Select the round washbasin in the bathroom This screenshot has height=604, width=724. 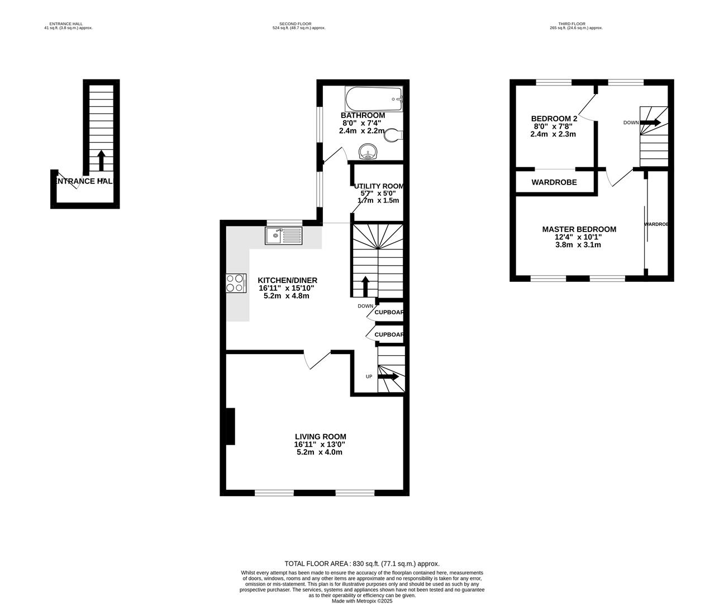(x=368, y=151)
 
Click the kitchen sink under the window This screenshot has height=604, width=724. (x=283, y=236)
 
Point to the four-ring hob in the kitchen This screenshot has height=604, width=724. (x=236, y=283)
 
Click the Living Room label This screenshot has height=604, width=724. (x=320, y=437)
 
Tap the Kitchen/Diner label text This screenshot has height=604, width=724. (x=287, y=280)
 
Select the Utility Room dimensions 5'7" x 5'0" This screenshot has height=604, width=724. (x=378, y=194)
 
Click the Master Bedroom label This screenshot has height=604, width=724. (x=579, y=229)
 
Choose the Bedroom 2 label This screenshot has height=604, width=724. (x=554, y=119)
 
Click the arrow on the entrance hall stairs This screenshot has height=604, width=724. (x=101, y=160)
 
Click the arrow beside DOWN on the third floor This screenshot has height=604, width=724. (x=653, y=122)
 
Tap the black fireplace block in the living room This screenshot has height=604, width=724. (x=230, y=427)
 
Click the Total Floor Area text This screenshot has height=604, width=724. (x=361, y=564)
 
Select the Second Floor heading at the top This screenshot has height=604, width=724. (x=299, y=24)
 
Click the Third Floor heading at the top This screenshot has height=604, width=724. (x=575, y=24)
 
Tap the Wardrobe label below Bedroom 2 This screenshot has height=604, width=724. (x=554, y=182)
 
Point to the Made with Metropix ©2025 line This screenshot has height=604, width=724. (x=361, y=601)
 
